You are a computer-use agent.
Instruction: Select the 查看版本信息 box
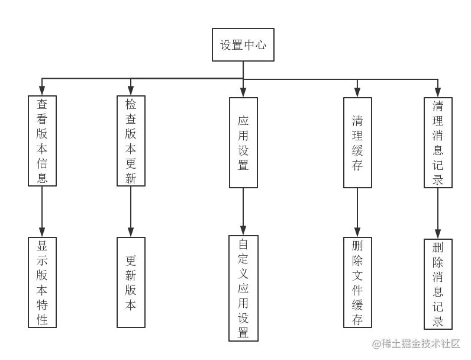point(42,141)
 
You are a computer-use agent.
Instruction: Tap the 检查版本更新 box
point(131,141)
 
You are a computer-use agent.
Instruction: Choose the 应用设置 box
point(243,142)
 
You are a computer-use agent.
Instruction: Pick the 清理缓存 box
point(357,143)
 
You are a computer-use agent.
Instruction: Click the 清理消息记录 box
point(438,143)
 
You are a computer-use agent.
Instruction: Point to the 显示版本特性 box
point(42,283)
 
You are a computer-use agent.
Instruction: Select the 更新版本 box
point(131,282)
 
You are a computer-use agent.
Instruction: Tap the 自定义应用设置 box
point(243,288)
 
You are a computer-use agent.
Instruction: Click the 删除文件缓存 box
point(357,282)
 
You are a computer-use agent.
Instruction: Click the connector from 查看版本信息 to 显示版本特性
point(41,212)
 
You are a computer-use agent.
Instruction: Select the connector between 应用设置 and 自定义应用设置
point(243,210)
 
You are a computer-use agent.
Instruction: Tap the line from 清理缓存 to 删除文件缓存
point(357,212)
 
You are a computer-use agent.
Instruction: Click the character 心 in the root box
point(260,45)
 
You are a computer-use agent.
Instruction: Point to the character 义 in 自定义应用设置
point(243,274)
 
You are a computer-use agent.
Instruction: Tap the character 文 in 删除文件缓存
point(357,275)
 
